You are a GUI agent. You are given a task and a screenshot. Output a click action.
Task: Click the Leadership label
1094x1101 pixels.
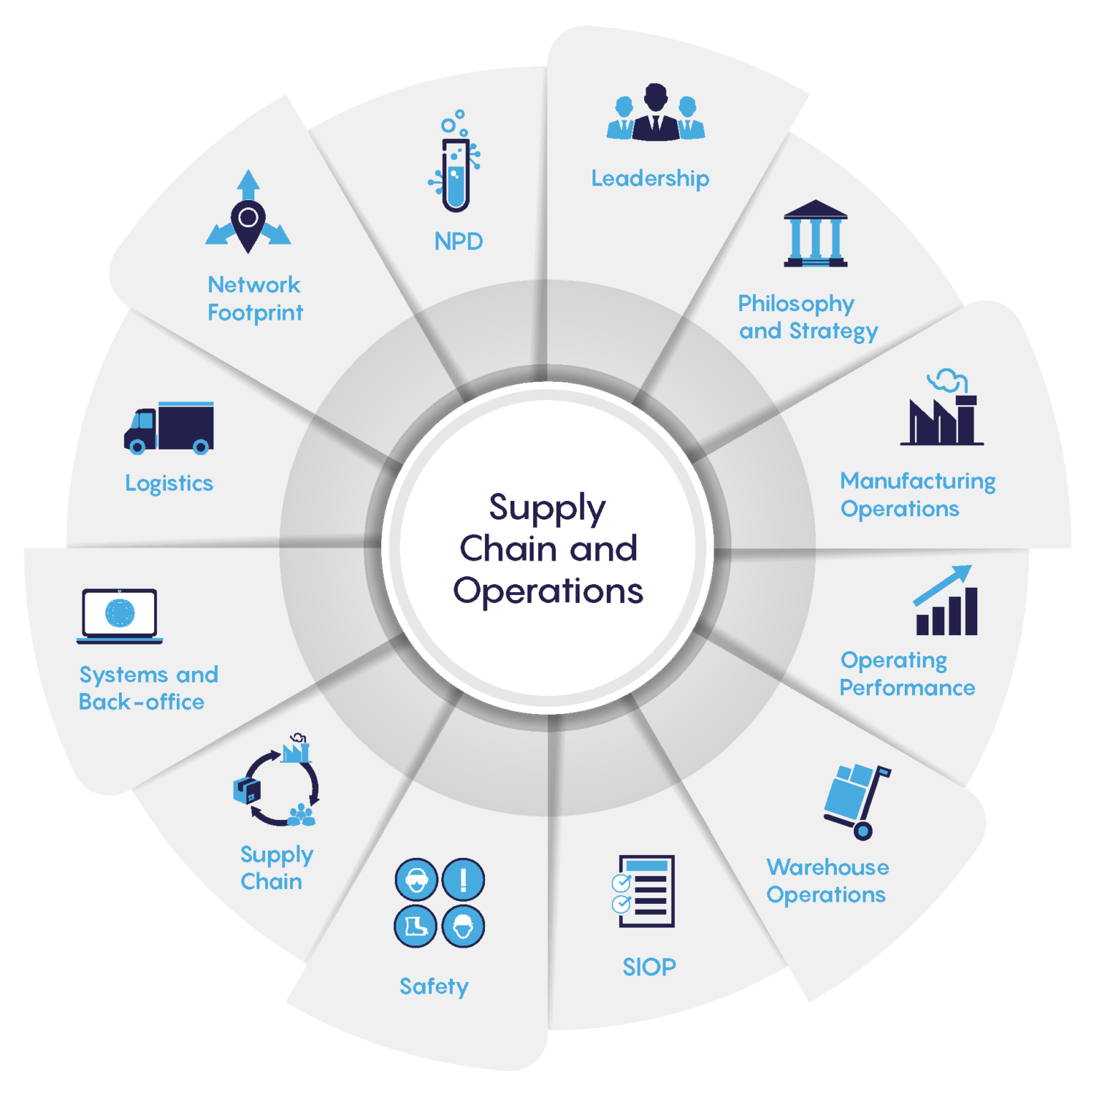click(x=650, y=178)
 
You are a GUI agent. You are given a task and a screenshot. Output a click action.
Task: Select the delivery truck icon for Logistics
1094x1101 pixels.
click(x=170, y=428)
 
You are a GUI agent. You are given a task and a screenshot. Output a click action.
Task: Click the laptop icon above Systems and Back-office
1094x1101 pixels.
click(x=120, y=615)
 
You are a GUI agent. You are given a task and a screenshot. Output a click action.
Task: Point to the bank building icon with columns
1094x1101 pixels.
click(x=815, y=234)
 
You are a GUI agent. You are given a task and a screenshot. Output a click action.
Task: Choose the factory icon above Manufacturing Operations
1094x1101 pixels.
click(x=941, y=421)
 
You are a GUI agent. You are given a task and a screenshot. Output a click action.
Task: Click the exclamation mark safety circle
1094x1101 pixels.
click(x=464, y=879)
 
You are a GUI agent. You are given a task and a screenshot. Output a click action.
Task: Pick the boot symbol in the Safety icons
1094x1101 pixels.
click(x=416, y=926)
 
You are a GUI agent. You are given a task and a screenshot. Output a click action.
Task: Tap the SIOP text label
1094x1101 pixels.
click(x=649, y=967)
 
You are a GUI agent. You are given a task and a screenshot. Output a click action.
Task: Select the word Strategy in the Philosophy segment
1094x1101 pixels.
click(x=833, y=331)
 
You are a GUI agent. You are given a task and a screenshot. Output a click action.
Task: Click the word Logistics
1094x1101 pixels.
click(x=169, y=484)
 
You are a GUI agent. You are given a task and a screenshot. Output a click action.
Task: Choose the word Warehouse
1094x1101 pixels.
click(x=827, y=867)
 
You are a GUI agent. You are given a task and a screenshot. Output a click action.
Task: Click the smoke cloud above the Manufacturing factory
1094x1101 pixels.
click(x=948, y=381)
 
